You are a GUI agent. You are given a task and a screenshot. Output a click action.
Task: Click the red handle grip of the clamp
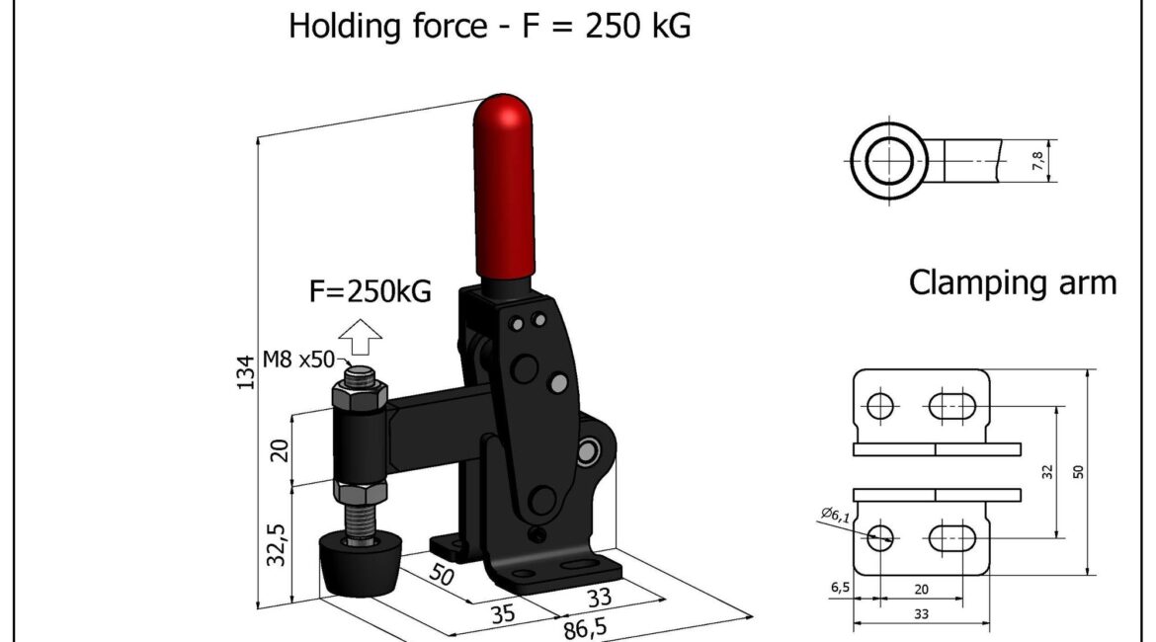tap(504, 188)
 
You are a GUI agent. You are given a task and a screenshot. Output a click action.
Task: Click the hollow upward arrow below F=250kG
tap(360, 338)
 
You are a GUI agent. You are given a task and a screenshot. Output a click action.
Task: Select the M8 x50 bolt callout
tap(298, 360)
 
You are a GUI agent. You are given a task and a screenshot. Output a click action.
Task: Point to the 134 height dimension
tap(248, 372)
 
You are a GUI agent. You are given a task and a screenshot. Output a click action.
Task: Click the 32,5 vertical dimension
tap(276, 544)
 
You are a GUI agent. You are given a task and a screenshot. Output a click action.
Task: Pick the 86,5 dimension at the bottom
tap(585, 629)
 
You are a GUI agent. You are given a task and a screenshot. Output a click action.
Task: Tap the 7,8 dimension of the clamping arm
tap(1037, 161)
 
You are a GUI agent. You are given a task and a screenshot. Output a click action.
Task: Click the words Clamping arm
tap(1012, 282)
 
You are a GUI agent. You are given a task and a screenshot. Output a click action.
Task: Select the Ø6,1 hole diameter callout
tap(835, 514)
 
